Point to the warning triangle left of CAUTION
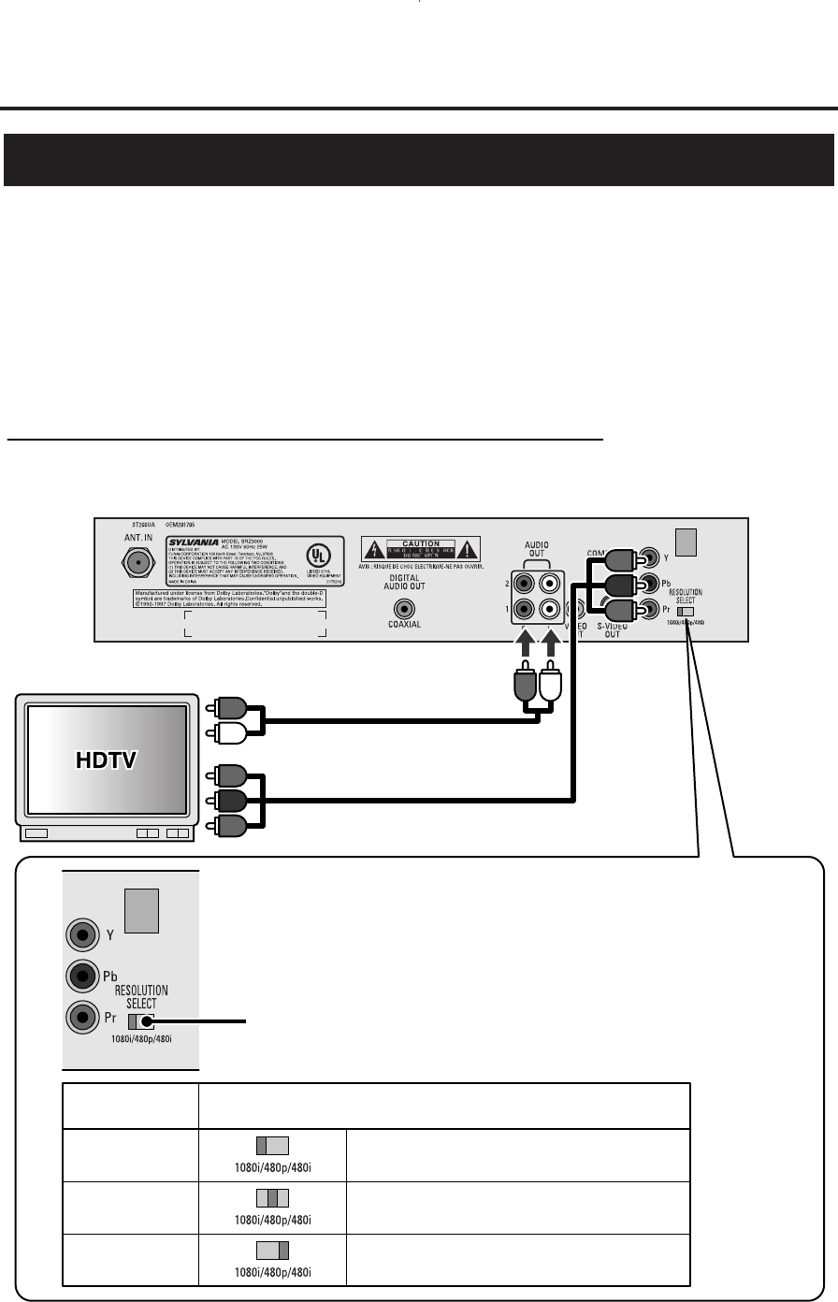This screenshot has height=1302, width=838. click(372, 551)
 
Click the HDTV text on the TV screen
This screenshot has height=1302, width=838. click(106, 760)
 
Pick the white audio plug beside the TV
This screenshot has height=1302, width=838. click(229, 734)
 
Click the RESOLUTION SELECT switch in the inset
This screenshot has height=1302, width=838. click(142, 1023)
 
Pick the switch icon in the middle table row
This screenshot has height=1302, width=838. click(271, 1197)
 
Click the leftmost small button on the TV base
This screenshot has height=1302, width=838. click(37, 832)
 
